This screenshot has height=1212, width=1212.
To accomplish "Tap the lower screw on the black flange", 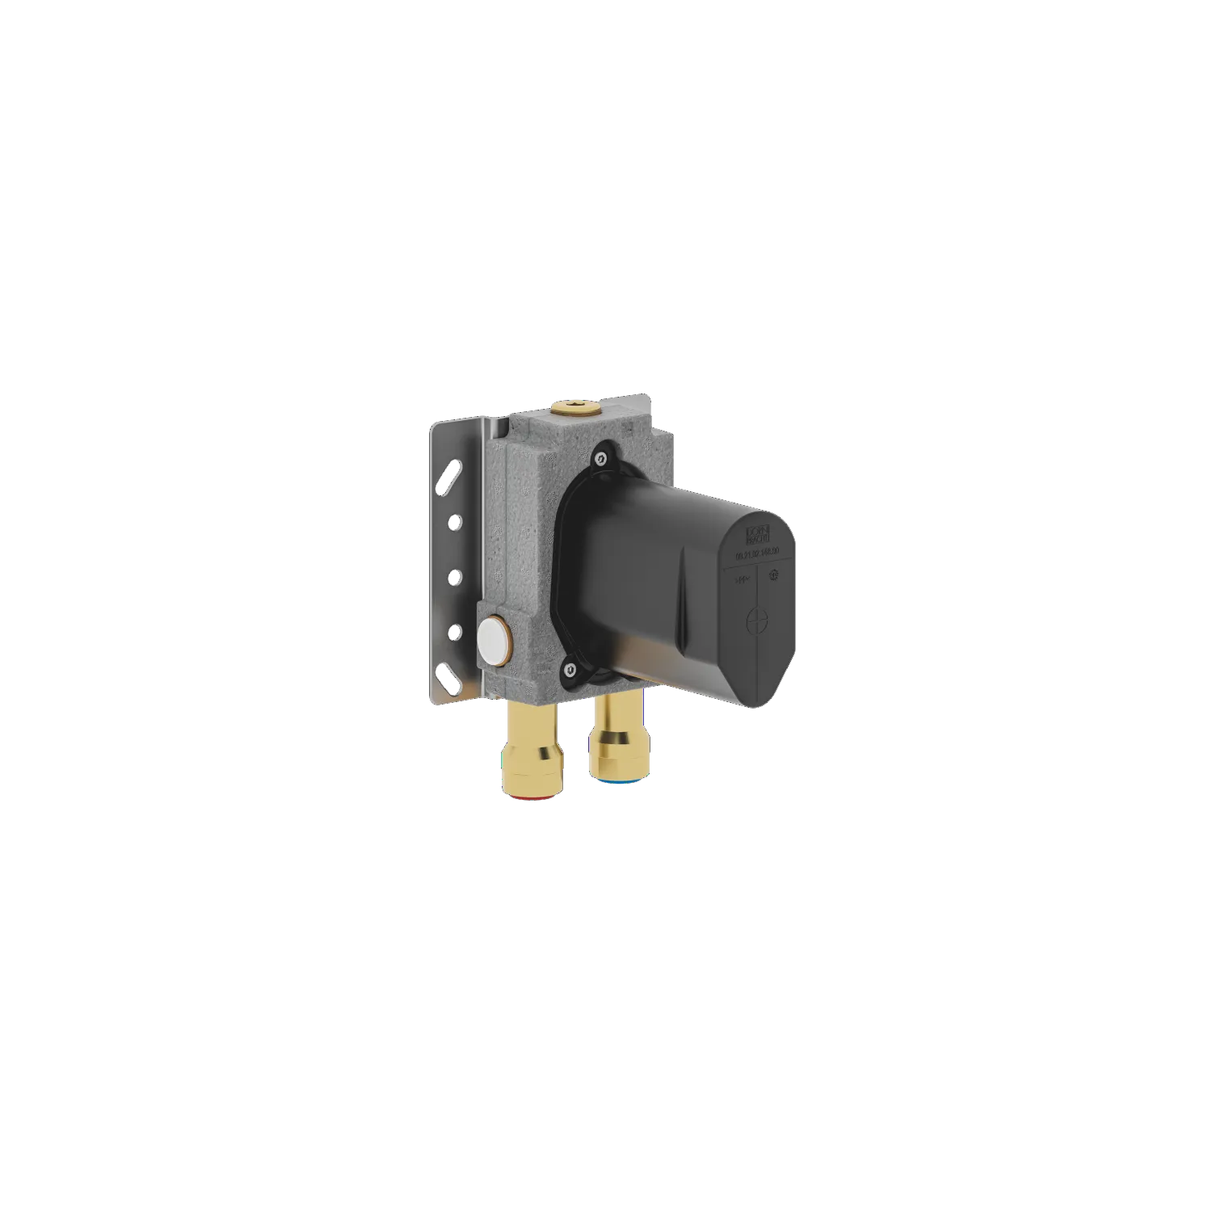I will tap(571, 668).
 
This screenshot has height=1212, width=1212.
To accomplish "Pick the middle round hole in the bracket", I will tap(454, 576).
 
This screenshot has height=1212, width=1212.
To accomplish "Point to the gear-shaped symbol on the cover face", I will tap(773, 574).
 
